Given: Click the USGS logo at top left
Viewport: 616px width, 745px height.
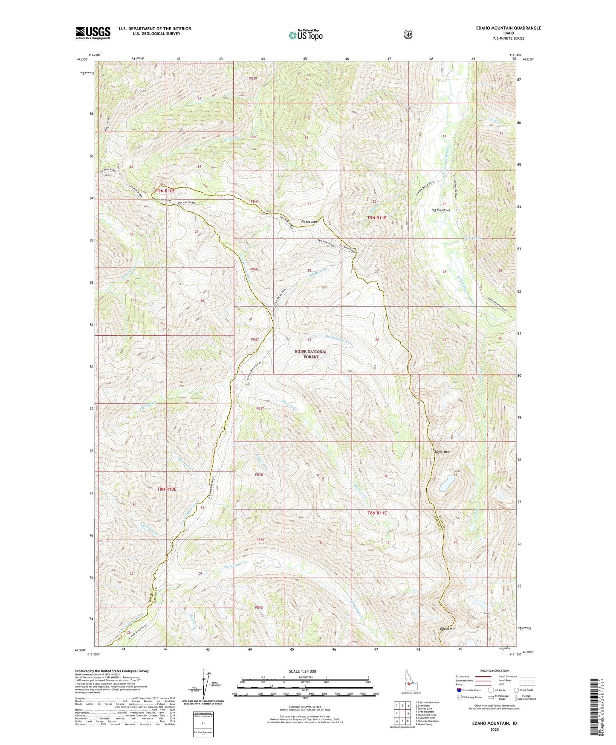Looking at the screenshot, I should tap(93, 33).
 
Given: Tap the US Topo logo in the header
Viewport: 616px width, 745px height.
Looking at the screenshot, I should tap(305, 35).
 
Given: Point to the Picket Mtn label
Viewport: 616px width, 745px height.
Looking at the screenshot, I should tap(309, 221).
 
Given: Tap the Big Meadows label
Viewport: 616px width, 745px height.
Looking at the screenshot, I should tap(440, 210).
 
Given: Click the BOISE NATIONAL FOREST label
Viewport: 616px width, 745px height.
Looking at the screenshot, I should tap(311, 354).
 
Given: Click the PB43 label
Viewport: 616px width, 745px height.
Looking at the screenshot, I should tap(254, 340).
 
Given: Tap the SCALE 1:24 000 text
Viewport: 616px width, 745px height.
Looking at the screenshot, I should tap(302, 671).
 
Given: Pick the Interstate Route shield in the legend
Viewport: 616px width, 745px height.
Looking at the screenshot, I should tap(458, 690).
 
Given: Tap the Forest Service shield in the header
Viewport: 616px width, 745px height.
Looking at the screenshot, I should tap(408, 35).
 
